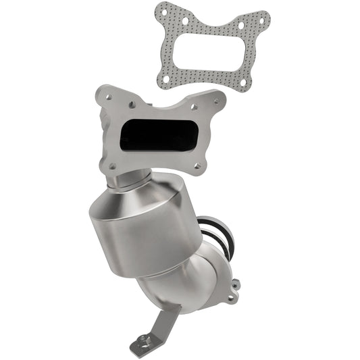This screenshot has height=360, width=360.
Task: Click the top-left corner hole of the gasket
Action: [x=164, y=10]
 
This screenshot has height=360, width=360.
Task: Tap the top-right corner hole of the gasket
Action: [x=260, y=18]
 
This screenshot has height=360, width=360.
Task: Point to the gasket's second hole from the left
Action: [x=185, y=20]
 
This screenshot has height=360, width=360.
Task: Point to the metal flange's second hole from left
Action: [x=132, y=102]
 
